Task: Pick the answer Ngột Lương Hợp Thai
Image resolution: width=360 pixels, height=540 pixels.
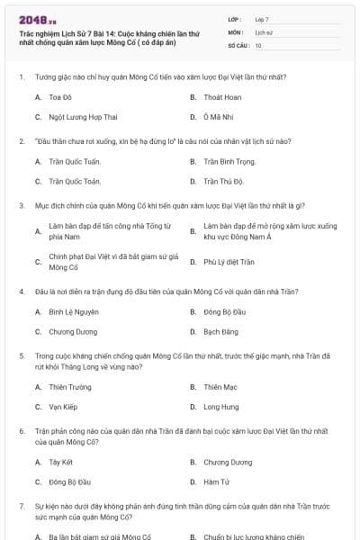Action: pyautogui.click(x=83, y=117)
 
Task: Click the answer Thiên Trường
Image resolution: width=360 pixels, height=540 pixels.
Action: pyautogui.click(x=70, y=387)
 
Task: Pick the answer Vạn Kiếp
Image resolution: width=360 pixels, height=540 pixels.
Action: pyautogui.click(x=63, y=407)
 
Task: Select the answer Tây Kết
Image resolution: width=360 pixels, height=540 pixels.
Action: pyautogui.click(x=61, y=462)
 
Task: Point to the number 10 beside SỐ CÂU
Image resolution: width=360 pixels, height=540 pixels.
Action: pyautogui.click(x=259, y=45)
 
